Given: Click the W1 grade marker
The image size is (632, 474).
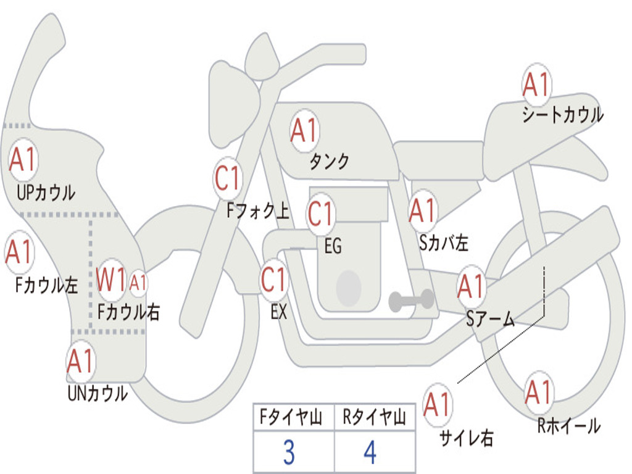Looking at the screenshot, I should pyautogui.click(x=112, y=280).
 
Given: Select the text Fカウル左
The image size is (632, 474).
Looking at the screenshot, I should pyautogui.click(x=47, y=286).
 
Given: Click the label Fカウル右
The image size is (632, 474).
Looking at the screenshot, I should pyautogui.click(x=129, y=312).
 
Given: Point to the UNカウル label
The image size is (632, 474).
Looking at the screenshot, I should pyautogui.click(x=98, y=393).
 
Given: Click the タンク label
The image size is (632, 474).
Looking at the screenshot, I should pyautogui.click(x=329, y=162).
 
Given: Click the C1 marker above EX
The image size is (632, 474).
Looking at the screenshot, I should pyautogui.click(x=274, y=280).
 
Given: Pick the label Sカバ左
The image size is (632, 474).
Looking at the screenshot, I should pyautogui.click(x=443, y=243).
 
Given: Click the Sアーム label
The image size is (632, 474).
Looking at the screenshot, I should pyautogui.click(x=490, y=319).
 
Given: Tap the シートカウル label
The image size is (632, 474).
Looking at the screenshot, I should pyautogui.click(x=562, y=115).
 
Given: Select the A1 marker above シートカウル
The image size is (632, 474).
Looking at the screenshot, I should pyautogui.click(x=536, y=85).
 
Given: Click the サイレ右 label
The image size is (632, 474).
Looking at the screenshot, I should pyautogui.click(x=466, y=438).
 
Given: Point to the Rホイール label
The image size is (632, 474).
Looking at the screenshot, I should pyautogui.click(x=568, y=426).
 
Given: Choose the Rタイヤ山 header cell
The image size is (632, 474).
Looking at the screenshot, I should pyautogui.click(x=374, y=418).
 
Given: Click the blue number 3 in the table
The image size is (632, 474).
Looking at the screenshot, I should pyautogui.click(x=289, y=453).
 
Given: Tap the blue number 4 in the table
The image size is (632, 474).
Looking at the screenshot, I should pyautogui.click(x=370, y=453).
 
